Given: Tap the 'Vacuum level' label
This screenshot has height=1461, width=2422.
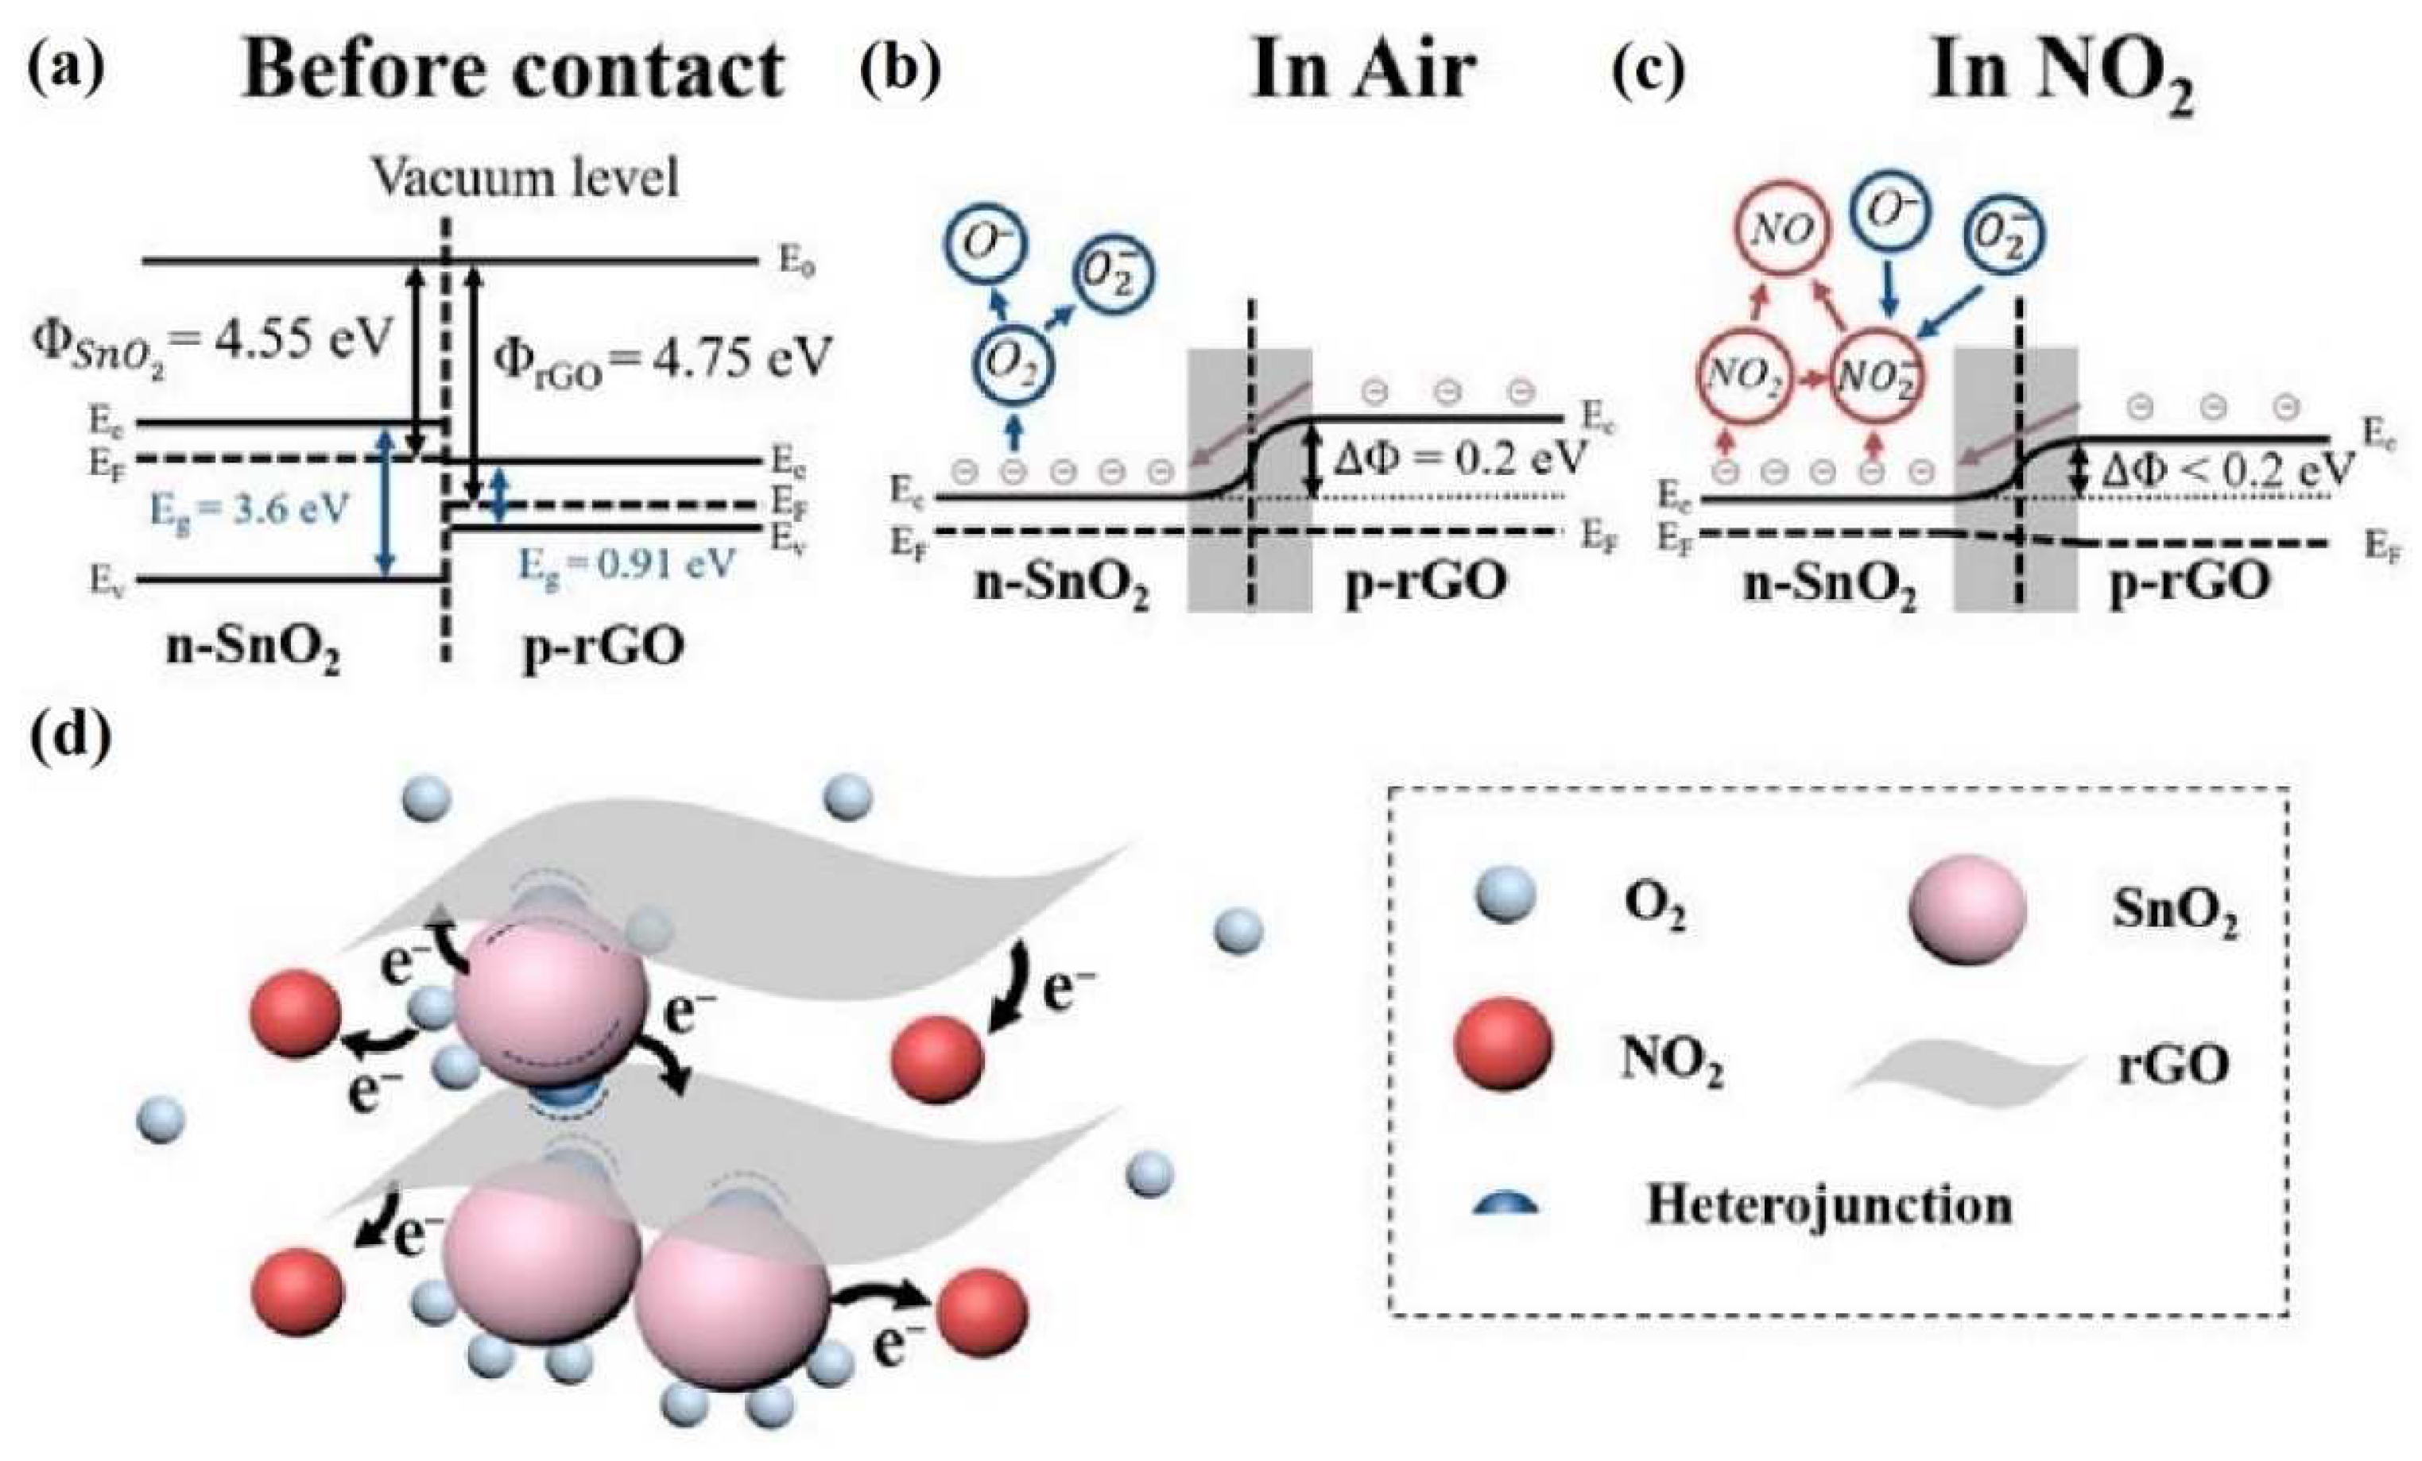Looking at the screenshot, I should pyautogui.click(x=525, y=179).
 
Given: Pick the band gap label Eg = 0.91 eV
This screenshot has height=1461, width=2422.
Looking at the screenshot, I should pyautogui.click(x=626, y=565).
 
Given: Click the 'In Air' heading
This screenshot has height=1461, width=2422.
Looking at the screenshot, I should pyautogui.click(x=1362, y=71).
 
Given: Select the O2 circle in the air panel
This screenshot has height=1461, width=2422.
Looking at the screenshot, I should pyautogui.click(x=1013, y=365).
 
